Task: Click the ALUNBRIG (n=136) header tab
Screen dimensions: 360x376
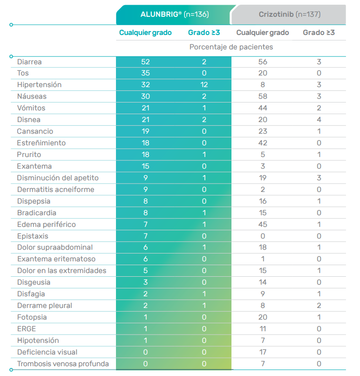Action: pos(175,14)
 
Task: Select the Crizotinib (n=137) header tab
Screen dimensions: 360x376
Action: pos(289,14)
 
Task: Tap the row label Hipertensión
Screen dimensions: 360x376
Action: pos(39,85)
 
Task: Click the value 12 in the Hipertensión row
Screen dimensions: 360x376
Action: pos(204,85)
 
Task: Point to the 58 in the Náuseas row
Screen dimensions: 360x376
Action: pos(263,96)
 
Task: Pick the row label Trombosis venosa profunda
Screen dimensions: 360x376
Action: pos(63,364)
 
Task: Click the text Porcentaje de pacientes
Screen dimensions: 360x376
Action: pos(231,47)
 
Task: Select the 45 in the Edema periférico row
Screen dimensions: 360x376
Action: pos(263,225)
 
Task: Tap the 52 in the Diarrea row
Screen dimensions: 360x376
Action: pos(145,62)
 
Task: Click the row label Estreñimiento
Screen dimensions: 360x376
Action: pos(41,143)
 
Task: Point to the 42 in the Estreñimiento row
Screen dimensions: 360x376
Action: pos(263,143)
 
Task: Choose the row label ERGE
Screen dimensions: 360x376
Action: pos(27,329)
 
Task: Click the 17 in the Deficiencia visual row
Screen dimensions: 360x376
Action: pos(263,352)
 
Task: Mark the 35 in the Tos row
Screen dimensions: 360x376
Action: pos(145,73)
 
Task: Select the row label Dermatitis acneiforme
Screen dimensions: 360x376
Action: pos(55,190)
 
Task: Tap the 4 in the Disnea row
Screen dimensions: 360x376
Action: pos(319,120)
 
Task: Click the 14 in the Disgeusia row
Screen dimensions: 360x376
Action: pos(263,282)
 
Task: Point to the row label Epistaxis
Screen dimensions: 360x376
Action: pos(33,236)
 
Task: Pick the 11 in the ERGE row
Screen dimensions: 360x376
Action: pos(263,329)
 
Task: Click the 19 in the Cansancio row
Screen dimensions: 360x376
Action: pos(145,131)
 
